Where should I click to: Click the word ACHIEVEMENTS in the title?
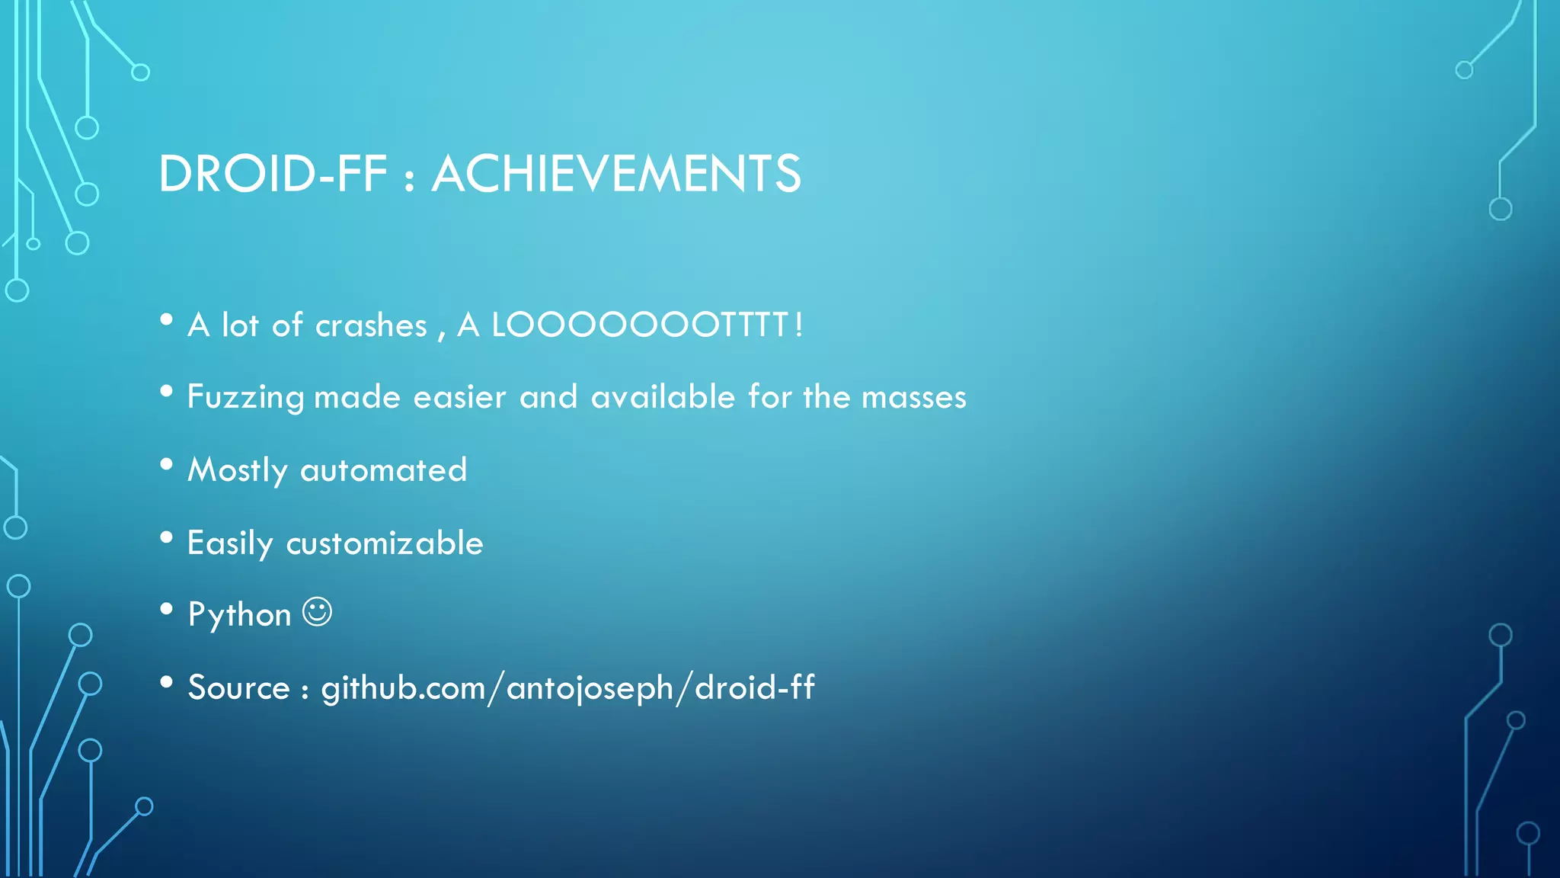616,174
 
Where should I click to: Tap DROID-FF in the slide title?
273,174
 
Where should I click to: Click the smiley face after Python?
317,612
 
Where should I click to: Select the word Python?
239,614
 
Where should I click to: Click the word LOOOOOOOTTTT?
638,325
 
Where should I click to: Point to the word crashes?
371,326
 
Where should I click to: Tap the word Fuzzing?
245,398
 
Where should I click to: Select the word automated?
383,470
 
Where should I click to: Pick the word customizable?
385,543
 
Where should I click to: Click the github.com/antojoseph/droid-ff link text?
567,688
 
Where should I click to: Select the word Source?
238,688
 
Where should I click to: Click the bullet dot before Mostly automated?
167,464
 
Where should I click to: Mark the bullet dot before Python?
167,609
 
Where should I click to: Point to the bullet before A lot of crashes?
167,319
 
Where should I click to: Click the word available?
663,397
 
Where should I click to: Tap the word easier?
459,398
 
